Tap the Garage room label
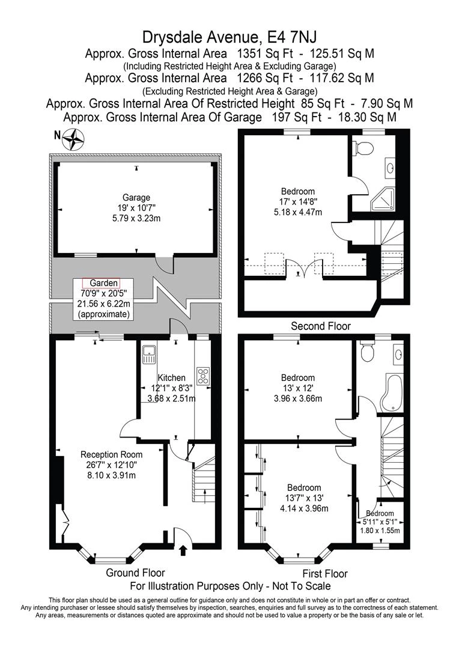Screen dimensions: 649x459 [x=136, y=197]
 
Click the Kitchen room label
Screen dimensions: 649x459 [x=172, y=377]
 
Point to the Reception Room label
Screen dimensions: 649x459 [x=112, y=454]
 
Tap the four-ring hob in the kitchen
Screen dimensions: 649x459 [x=203, y=376]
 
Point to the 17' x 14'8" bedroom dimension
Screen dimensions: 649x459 [x=298, y=202]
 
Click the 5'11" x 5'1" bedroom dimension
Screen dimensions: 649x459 [x=380, y=522]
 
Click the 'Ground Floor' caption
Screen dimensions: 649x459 [x=135, y=573]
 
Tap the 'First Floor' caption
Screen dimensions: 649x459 [x=324, y=573]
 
